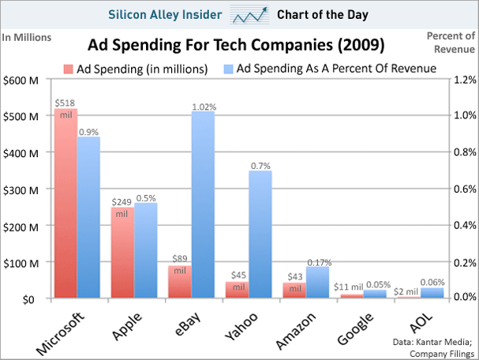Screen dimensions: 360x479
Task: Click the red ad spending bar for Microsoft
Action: point(65,205)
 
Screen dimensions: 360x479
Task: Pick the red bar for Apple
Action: point(122,253)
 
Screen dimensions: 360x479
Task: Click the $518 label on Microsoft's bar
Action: point(65,103)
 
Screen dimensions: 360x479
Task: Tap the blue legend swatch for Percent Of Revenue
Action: point(228,69)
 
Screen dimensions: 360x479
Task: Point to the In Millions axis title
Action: point(27,37)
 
